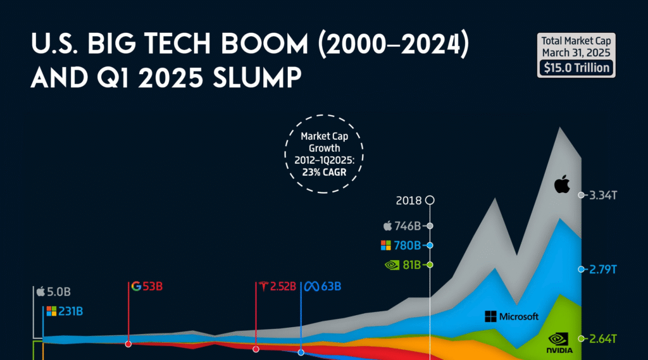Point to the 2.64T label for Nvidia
pos(602,338)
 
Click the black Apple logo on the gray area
pos(562,185)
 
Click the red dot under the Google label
pos(128,344)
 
